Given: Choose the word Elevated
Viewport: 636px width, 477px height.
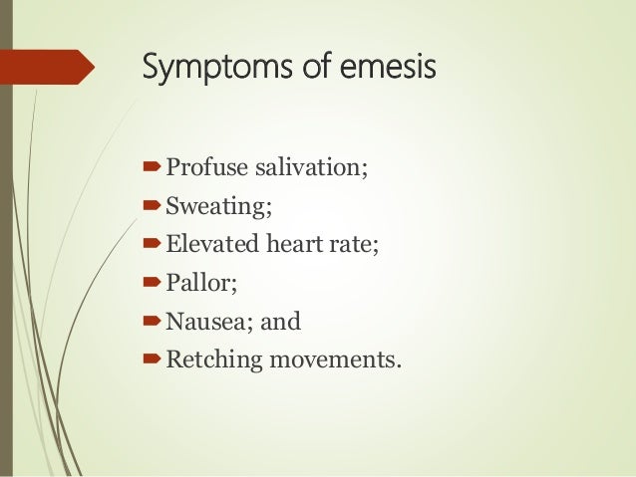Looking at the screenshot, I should pyautogui.click(x=211, y=239).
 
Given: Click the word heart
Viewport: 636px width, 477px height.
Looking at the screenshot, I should pyautogui.click(x=294, y=239).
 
